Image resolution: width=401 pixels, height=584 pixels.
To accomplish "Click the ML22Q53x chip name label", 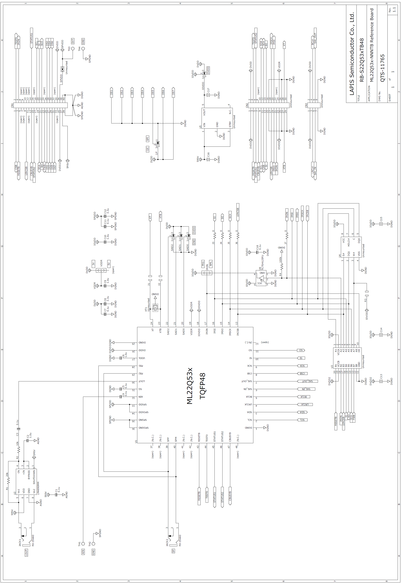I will click(190, 386).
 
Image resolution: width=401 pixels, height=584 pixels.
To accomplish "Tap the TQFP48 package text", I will click(203, 386).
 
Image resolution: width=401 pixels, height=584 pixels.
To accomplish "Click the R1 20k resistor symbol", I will click(8, 481).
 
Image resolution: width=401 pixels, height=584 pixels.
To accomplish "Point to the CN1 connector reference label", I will click(12, 105).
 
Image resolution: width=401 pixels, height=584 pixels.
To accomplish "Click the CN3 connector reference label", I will click(306, 105).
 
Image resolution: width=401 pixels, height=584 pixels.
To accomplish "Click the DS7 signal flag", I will click(173, 92).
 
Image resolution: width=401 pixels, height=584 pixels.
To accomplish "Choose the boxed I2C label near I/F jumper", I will click(148, 149).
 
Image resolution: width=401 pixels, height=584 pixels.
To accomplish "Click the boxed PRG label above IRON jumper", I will click(203, 264).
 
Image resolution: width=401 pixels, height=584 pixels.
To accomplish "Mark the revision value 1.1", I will click(394, 9).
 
